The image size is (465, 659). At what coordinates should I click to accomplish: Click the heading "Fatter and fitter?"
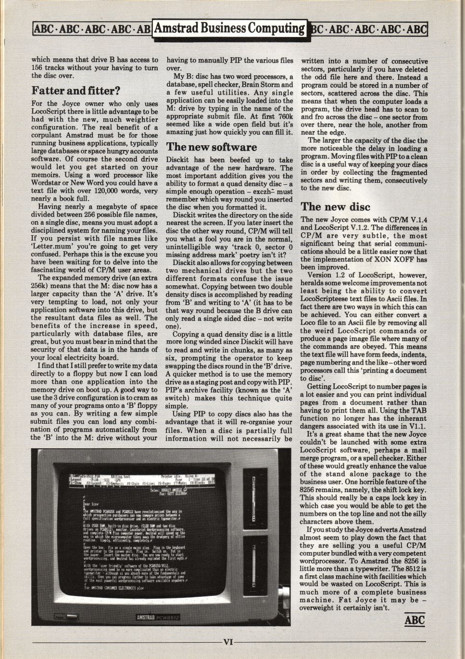point(75,90)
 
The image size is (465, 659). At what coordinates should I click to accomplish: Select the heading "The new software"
point(212,147)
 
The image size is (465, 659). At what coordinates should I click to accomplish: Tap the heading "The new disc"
point(336,207)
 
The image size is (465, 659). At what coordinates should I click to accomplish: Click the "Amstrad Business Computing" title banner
point(229,28)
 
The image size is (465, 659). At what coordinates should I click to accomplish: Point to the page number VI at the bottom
point(228,641)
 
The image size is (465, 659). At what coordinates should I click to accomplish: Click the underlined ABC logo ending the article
point(415,620)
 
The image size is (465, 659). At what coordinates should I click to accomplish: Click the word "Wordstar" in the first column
point(47,183)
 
